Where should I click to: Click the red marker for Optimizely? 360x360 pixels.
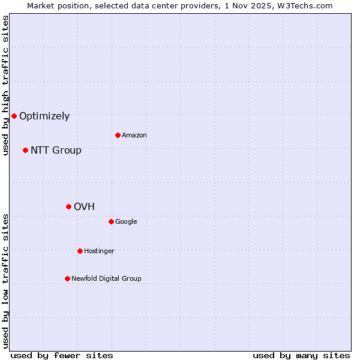(x=14, y=116)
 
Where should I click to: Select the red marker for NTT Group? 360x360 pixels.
(x=25, y=150)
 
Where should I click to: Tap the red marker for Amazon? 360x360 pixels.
(x=118, y=135)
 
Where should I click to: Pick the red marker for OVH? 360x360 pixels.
(x=68, y=206)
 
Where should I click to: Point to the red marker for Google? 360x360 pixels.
(x=111, y=221)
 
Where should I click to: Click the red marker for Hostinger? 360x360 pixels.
(x=80, y=251)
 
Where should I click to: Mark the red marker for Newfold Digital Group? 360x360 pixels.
(x=67, y=278)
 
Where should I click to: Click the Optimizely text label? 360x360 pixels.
(x=44, y=116)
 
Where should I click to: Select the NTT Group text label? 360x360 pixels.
(x=56, y=151)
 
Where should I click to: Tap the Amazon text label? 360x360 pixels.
(x=134, y=136)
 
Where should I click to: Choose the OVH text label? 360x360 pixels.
(x=85, y=207)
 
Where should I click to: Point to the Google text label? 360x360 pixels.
(x=126, y=222)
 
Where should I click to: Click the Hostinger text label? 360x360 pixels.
(x=99, y=251)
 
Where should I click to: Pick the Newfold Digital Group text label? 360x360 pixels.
(x=106, y=279)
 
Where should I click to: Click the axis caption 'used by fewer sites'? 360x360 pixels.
(x=62, y=355)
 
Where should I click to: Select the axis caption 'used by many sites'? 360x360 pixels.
(x=301, y=355)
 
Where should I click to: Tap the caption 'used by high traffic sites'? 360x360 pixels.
(x=5, y=85)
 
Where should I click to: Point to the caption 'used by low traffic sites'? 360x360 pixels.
(x=5, y=281)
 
